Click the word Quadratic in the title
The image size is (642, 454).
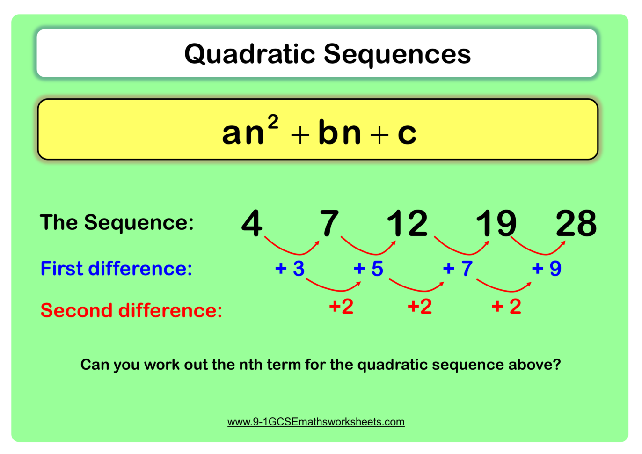pyautogui.click(x=250, y=54)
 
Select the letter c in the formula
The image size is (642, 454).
pyautogui.click(x=407, y=133)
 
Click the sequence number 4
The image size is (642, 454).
pyautogui.click(x=252, y=223)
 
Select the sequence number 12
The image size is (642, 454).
pyautogui.click(x=407, y=223)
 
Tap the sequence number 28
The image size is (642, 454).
pyautogui.click(x=576, y=223)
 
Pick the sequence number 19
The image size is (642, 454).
pyautogui.click(x=496, y=223)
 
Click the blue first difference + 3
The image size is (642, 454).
pyautogui.click(x=290, y=268)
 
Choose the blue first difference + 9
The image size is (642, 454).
pyautogui.click(x=547, y=268)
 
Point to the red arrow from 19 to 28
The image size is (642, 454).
pyautogui.click(x=538, y=250)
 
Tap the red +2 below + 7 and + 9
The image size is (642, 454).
pyautogui.click(x=506, y=307)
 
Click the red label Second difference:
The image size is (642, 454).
pyautogui.click(x=131, y=310)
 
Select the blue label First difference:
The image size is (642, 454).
pyautogui.click(x=116, y=269)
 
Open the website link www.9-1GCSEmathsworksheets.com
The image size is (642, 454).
pyautogui.click(x=316, y=422)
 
